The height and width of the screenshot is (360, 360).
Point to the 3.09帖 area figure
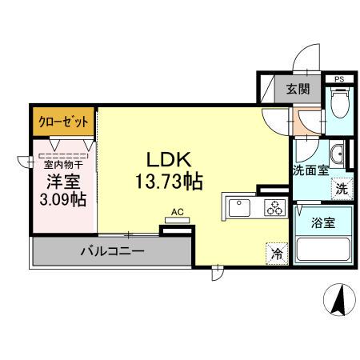coord(62,198)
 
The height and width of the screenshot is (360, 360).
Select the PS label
coord(339,78)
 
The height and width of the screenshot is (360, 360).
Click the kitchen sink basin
coord(239,208)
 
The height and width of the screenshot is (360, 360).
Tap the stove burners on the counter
coord(274,208)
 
